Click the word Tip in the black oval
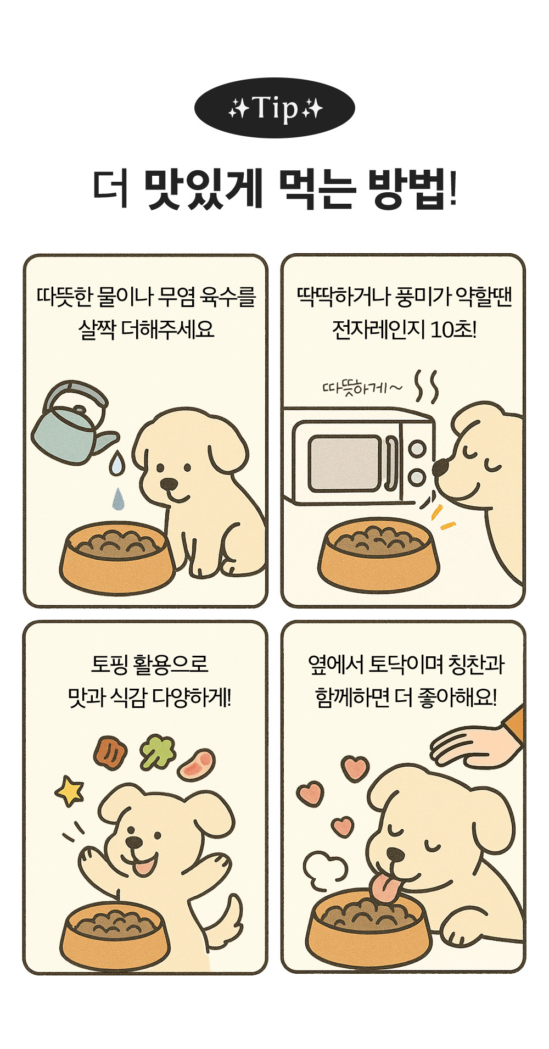click(275, 108)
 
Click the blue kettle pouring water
click(71, 422)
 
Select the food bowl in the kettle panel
click(117, 557)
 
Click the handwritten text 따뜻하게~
click(362, 388)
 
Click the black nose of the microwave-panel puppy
click(440, 467)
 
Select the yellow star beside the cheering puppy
click(69, 791)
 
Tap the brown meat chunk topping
click(110, 752)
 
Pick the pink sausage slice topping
click(197, 765)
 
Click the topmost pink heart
click(355, 768)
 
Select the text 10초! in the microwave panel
click(453, 330)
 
